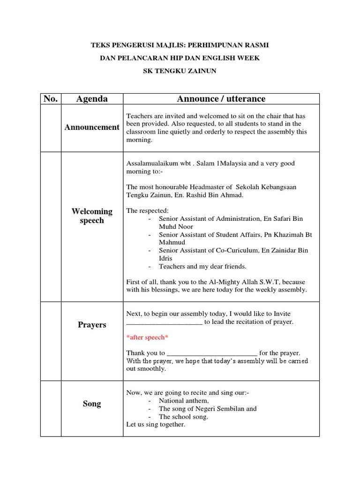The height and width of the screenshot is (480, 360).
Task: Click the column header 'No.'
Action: [51, 99]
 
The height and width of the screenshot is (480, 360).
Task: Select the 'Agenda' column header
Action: [92, 99]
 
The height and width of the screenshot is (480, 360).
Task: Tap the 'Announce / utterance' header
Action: [221, 99]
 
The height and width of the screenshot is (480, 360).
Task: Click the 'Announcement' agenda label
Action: [92, 127]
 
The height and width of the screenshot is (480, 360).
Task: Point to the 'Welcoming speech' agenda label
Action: [92, 216]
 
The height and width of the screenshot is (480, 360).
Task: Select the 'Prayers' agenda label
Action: [92, 325]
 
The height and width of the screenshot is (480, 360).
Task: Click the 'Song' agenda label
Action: [92, 404]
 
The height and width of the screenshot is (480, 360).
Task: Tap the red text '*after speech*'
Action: [147, 337]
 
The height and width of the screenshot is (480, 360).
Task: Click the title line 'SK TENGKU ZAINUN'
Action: [180, 71]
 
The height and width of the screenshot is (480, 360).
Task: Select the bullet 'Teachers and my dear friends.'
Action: [202, 266]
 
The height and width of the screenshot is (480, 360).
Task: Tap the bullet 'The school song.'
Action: [183, 417]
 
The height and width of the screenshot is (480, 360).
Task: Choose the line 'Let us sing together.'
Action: [156, 425]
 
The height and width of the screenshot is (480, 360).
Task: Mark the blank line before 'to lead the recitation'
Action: [164, 322]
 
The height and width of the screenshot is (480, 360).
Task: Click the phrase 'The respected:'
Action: [147, 211]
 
